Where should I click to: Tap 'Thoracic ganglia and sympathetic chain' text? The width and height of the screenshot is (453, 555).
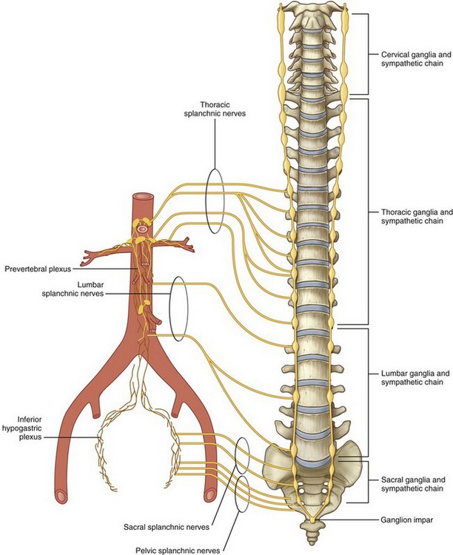click(x=409, y=215)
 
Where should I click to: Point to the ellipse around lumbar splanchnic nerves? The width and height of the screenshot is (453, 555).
click(x=178, y=309)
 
